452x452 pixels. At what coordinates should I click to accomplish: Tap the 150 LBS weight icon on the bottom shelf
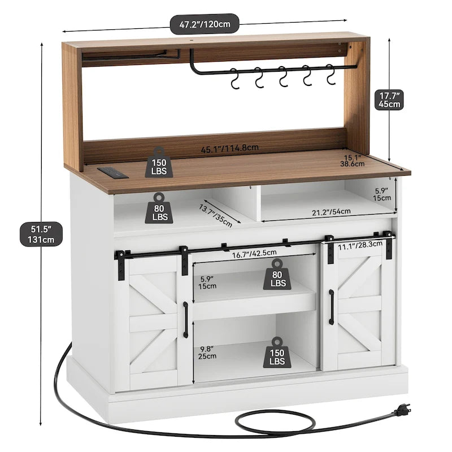(277, 351)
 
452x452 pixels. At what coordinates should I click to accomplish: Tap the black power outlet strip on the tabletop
(110, 170)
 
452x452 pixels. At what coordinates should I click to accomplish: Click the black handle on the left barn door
(185, 319)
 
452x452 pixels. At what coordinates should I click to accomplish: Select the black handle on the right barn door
(331, 307)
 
